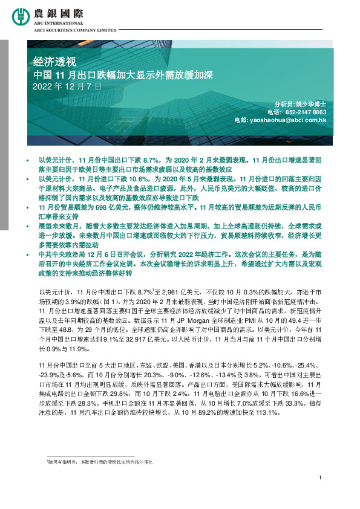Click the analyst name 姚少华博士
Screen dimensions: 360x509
[x=312, y=105]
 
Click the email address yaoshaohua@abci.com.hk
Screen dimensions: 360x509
[x=292, y=120]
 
